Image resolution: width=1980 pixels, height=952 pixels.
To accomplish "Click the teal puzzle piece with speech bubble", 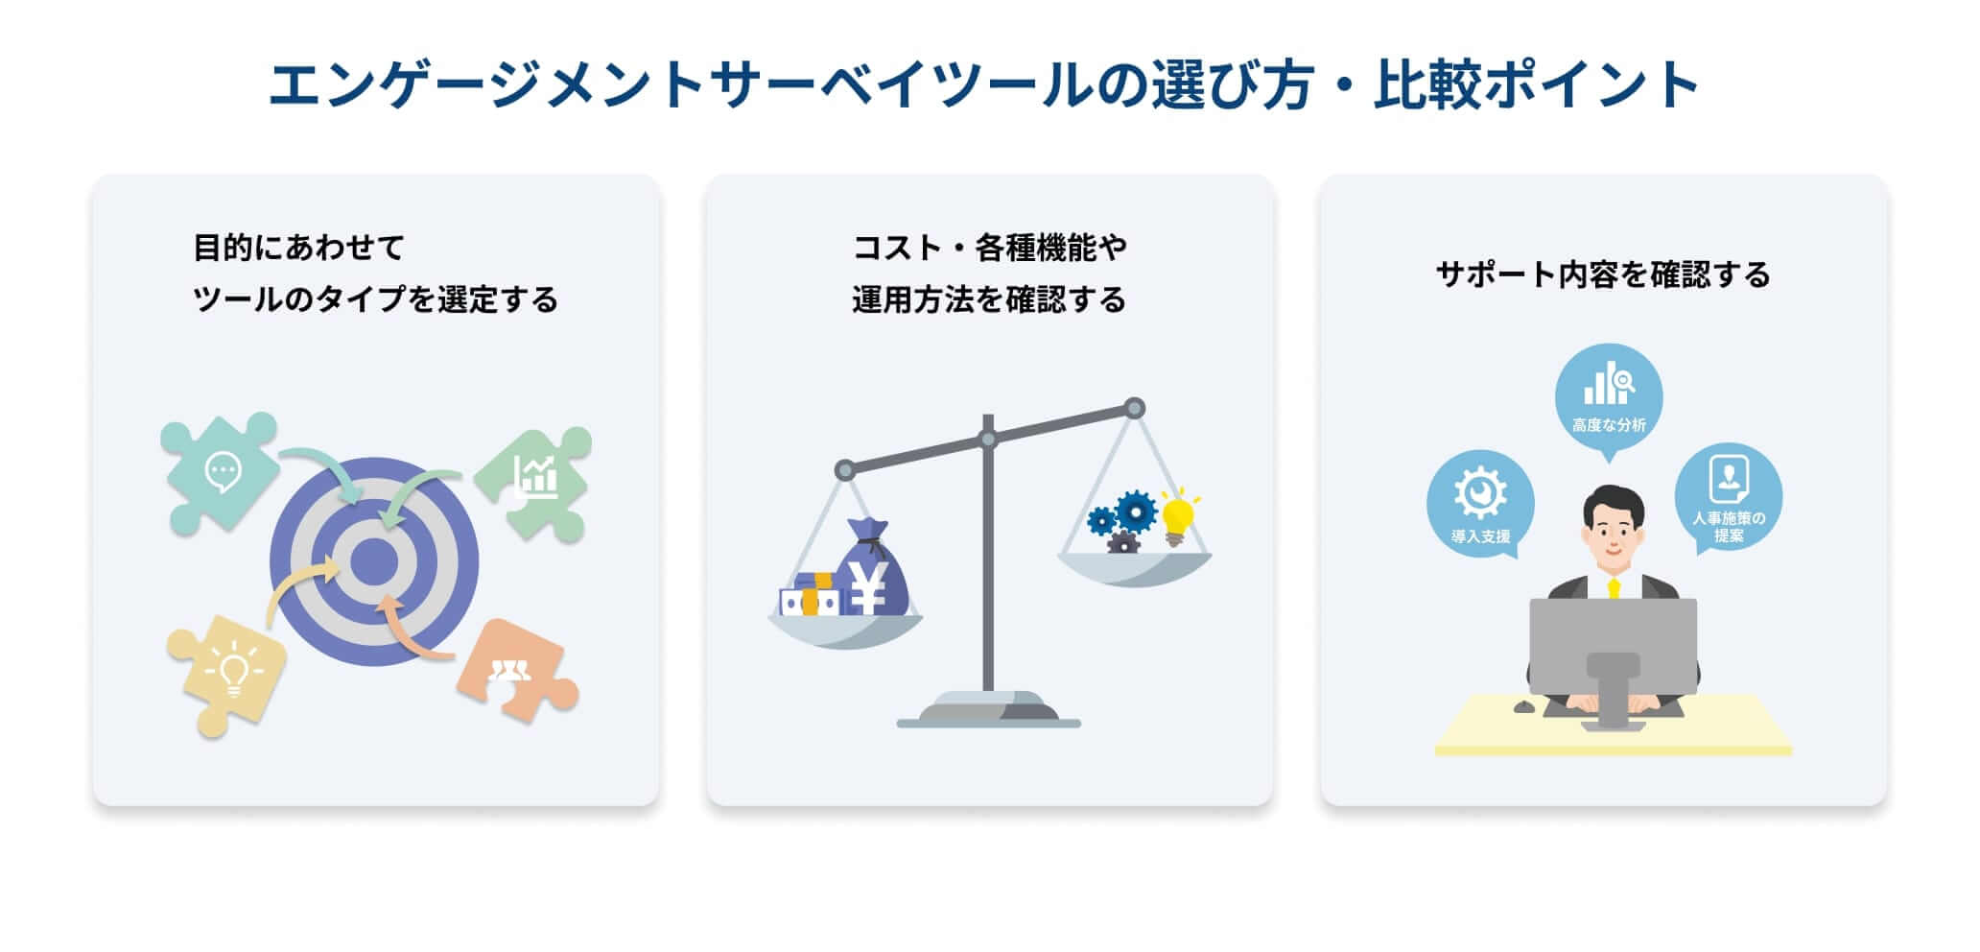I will click(220, 472).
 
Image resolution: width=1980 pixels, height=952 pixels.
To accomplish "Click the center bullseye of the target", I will click(373, 561).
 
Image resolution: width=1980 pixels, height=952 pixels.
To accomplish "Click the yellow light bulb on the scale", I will click(1178, 519).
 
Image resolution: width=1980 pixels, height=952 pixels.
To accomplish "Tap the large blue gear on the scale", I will click(1137, 512).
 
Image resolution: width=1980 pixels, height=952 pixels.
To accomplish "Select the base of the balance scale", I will click(988, 712).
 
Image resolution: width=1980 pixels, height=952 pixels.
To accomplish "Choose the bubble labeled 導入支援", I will click(1480, 504).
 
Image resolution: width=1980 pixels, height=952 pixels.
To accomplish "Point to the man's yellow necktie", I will click(1614, 588).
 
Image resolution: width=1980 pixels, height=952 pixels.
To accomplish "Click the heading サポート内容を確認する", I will click(1603, 275).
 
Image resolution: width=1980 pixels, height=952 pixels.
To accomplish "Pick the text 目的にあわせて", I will click(299, 249).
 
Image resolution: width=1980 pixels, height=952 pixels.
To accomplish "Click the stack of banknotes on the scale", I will click(812, 597).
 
